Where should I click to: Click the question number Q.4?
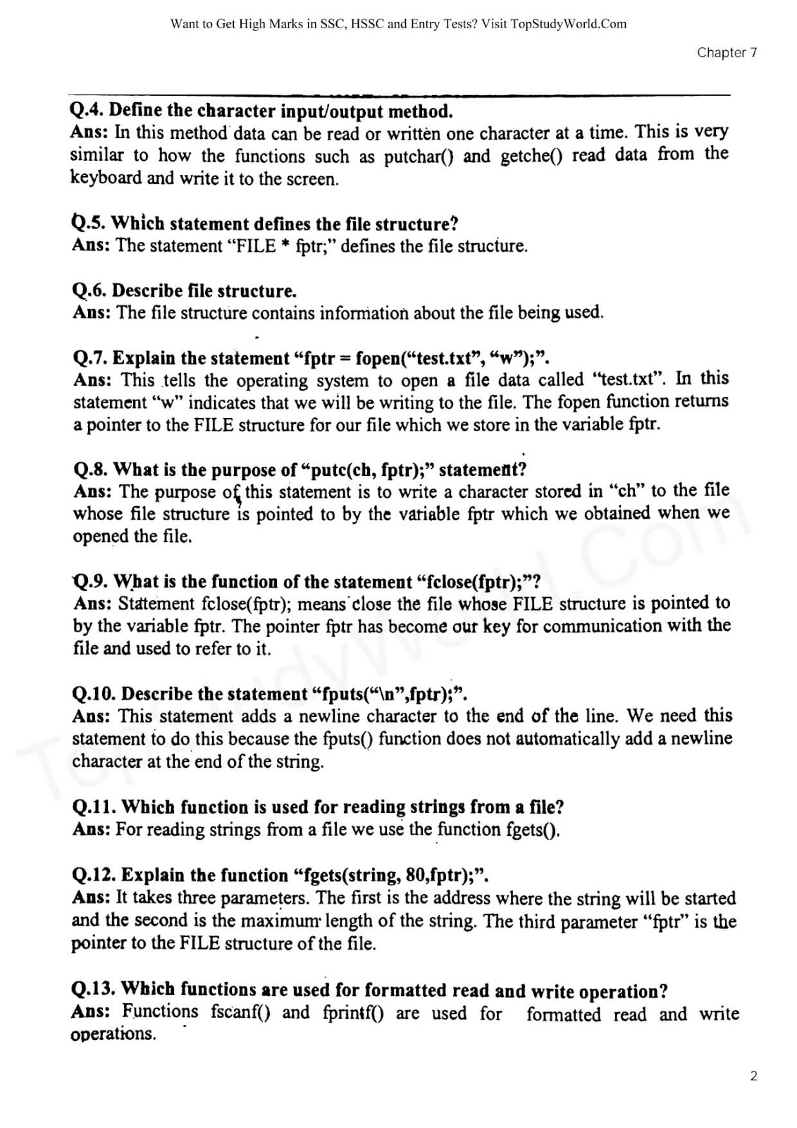coord(87,111)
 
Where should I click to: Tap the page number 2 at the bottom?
coord(753,1076)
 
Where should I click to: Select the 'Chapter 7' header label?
coord(727,52)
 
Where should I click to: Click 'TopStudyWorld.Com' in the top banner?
coord(569,24)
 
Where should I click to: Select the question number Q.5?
coord(89,223)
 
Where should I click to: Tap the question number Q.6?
coord(89,290)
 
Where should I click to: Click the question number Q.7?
coord(90,358)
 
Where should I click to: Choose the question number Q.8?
coord(91,470)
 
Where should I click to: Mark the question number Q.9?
coord(89,582)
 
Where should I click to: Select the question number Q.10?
coord(94,694)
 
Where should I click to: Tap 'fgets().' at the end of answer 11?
coord(533,830)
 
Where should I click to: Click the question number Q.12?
coord(94,875)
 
